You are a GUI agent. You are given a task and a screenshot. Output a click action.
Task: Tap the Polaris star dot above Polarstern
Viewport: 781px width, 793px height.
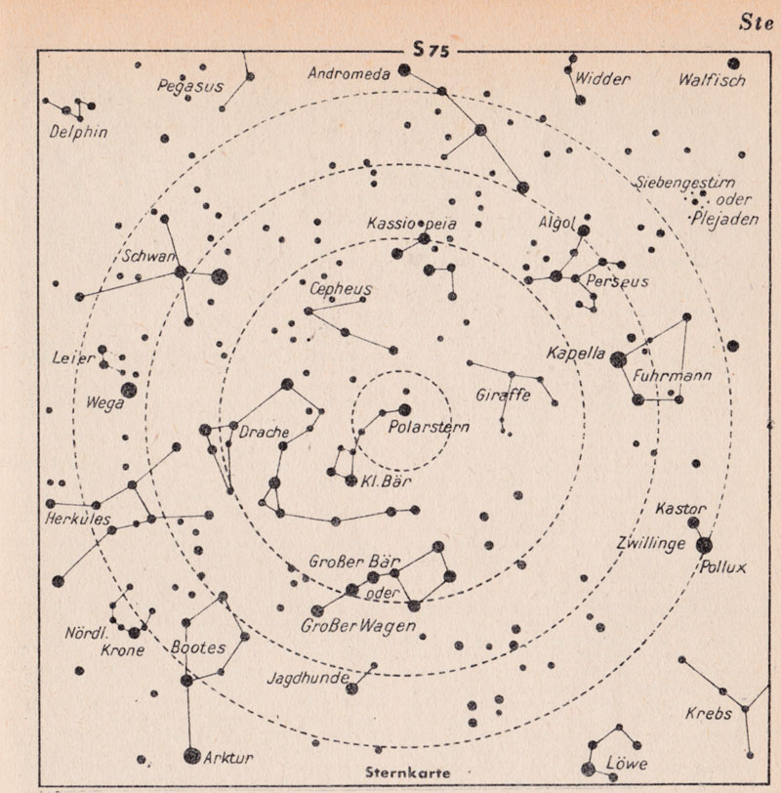(404, 409)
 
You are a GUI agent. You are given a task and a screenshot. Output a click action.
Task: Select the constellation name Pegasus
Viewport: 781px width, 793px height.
(190, 86)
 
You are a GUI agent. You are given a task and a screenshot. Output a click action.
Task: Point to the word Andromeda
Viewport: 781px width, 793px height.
(349, 73)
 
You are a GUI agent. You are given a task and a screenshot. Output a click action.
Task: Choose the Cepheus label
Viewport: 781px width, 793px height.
(340, 289)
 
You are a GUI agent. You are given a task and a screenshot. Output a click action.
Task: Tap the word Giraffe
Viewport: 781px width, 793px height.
(504, 396)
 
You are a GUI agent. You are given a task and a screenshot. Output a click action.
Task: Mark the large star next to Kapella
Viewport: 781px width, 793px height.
(617, 358)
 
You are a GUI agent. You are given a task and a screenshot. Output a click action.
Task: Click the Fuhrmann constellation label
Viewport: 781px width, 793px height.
(671, 376)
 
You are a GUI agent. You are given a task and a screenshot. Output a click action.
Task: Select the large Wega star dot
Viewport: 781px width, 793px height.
(128, 391)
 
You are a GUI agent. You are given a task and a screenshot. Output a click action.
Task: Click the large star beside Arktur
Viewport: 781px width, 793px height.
(191, 755)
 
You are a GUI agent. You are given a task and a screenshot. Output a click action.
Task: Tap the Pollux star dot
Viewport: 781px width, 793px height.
(704, 546)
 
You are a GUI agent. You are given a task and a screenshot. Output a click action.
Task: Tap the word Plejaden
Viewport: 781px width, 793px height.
(725, 220)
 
